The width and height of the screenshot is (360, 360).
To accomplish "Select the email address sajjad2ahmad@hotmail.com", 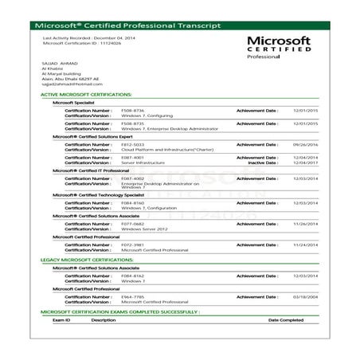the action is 69,84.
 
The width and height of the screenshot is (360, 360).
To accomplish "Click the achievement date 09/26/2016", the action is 306,144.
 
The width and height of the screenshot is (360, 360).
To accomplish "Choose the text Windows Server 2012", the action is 144,229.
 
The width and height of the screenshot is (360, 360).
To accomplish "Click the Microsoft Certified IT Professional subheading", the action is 84,170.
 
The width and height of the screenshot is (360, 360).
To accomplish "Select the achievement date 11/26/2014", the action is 306,224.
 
